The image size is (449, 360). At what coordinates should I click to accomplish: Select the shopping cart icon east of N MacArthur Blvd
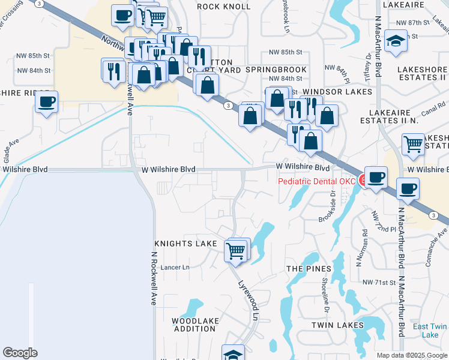click(413, 143)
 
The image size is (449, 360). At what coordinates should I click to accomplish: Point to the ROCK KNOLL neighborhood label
click(224, 7)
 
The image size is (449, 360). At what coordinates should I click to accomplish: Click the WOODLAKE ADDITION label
click(195, 325)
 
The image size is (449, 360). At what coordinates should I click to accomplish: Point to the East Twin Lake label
click(430, 331)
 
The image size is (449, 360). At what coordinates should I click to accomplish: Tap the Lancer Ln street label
click(175, 267)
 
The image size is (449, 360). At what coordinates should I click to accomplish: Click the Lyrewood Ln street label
click(250, 300)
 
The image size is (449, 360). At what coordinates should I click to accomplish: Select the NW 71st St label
click(379, 281)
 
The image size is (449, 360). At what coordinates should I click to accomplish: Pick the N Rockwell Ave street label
click(152, 278)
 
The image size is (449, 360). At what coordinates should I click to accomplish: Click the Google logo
click(20, 353)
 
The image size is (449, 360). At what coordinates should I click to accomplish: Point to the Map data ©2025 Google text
click(412, 355)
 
